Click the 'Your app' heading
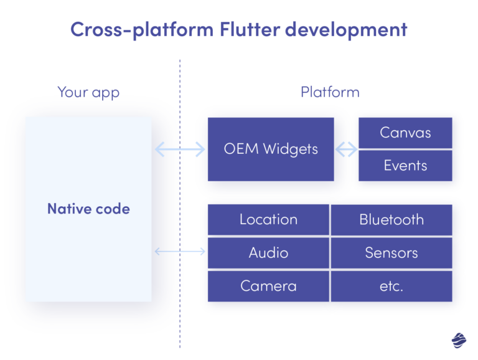88,93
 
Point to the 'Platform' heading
330,93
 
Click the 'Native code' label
88,209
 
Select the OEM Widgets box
271,149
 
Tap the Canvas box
405,133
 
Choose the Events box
405,166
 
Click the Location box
268,219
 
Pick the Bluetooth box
391,219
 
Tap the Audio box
268,253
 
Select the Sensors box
391,253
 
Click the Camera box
268,287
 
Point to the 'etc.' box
391,287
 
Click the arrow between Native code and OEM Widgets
179,149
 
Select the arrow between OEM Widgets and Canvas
347,149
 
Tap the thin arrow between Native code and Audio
179,252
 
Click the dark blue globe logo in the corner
459,340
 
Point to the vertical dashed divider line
180,311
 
